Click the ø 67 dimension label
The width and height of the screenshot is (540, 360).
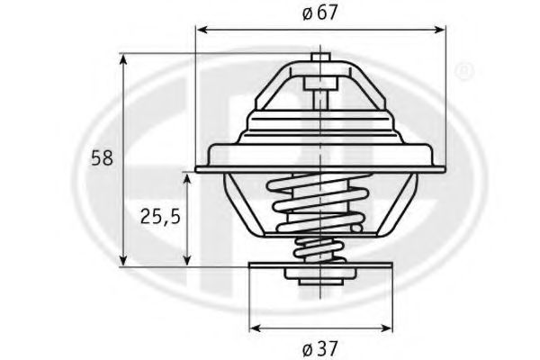click(x=319, y=13)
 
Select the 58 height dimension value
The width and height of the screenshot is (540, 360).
click(x=102, y=158)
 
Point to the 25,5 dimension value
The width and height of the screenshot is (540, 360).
click(x=160, y=217)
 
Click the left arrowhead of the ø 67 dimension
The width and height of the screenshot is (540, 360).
click(x=202, y=30)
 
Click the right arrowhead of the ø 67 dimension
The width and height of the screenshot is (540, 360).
click(x=439, y=30)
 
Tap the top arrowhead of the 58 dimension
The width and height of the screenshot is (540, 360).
click(x=123, y=59)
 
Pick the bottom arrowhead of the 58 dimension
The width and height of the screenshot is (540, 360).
click(x=123, y=260)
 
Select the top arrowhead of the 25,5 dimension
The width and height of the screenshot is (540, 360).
click(x=187, y=179)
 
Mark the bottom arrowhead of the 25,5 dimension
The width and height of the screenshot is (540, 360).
click(x=187, y=260)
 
